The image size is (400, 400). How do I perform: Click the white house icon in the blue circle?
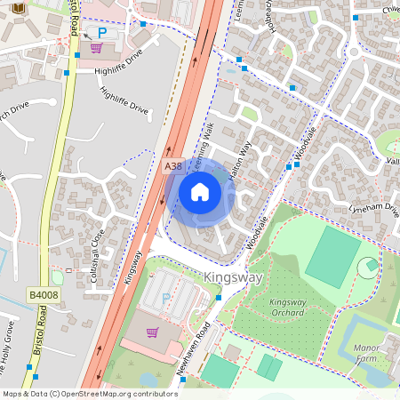click(200, 192)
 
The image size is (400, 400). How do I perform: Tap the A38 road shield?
click(173, 166)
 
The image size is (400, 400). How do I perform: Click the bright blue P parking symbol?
click(101, 32)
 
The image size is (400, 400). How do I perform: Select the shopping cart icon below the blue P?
click(96, 48)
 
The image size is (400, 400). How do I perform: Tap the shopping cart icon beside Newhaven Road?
click(151, 332)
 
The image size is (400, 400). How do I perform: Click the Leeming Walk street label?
click(200, 140)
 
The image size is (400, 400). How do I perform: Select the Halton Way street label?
click(239, 160)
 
